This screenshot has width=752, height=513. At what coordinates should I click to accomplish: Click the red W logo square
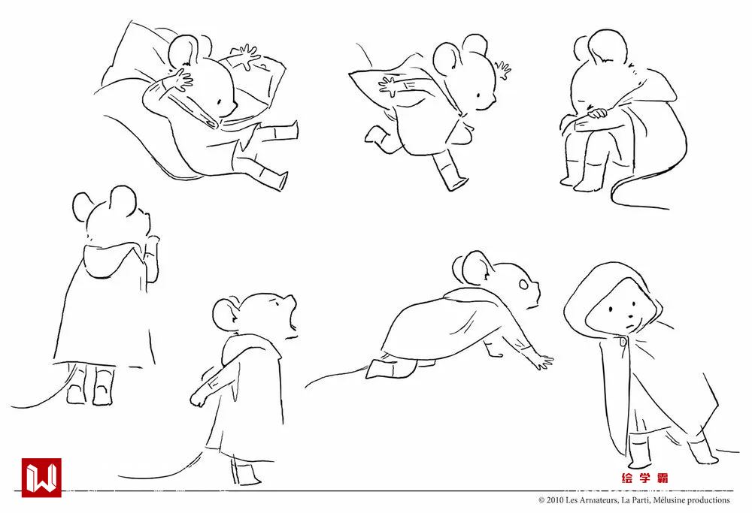click(41, 477)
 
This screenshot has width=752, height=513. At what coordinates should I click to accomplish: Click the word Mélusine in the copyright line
click(668, 500)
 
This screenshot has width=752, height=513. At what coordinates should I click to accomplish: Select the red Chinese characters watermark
click(644, 478)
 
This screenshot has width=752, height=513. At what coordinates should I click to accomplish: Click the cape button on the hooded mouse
click(623, 341)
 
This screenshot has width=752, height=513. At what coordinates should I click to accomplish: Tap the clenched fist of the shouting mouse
click(198, 399)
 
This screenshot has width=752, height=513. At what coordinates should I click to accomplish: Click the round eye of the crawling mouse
click(523, 285)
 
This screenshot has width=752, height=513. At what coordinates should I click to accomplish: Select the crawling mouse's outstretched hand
click(544, 361)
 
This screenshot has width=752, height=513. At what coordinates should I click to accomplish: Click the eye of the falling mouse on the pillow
click(219, 101)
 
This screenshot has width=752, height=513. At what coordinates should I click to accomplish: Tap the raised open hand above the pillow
click(247, 56)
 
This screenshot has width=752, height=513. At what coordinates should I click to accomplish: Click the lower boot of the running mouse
click(450, 173)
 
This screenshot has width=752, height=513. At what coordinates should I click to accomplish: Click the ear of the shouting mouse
click(226, 315)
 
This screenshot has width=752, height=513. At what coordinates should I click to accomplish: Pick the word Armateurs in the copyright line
click(599, 500)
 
